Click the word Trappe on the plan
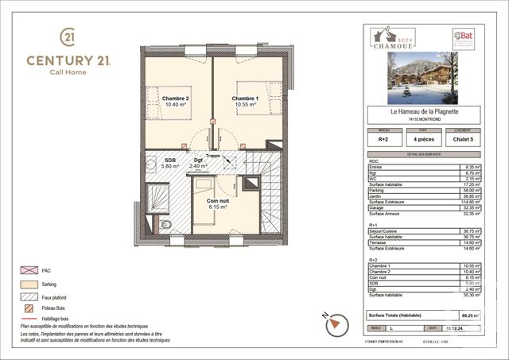[x=213, y=157]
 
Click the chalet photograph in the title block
[x=433, y=79]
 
